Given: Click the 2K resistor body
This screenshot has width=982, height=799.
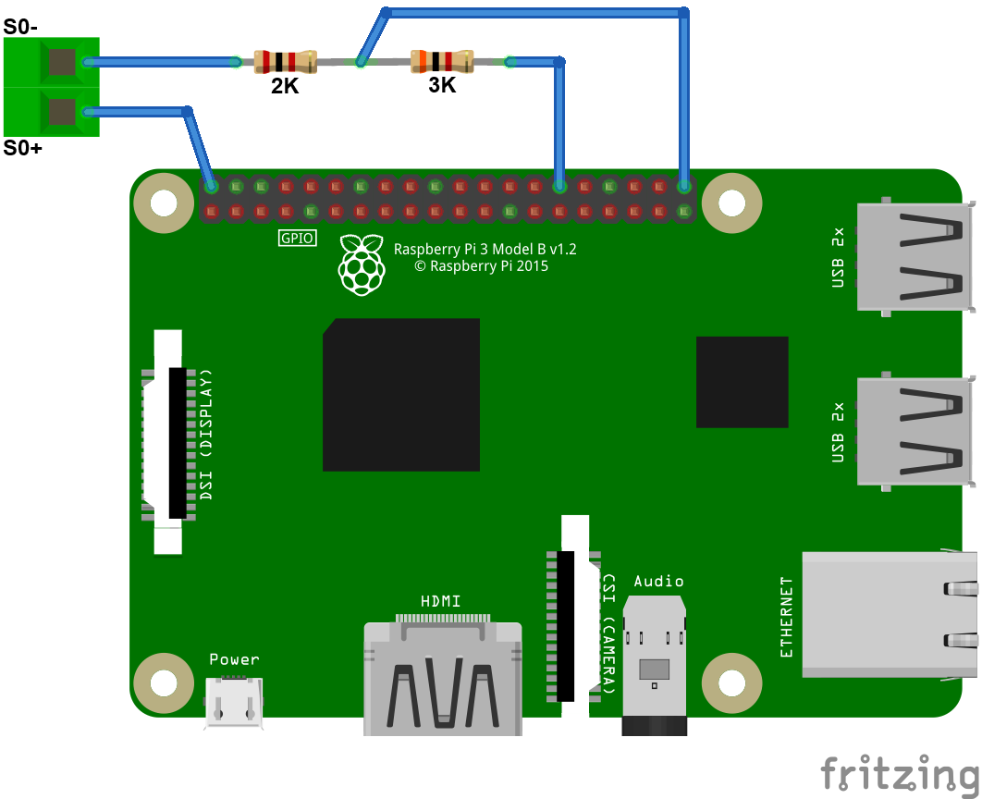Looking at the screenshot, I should point(278,62).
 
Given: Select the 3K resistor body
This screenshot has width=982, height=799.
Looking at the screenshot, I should point(441,62).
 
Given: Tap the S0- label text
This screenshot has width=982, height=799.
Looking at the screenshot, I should point(20,27).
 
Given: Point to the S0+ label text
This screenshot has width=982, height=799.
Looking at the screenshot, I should point(22,148).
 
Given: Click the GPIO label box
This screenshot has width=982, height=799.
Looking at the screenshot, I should point(298,239).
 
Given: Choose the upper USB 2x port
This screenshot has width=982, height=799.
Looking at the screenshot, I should point(914,256).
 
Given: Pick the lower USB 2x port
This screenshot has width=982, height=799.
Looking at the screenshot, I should point(914,430).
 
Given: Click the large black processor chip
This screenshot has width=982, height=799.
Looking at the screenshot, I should point(401,395).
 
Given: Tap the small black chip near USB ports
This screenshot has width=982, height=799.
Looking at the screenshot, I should point(742,382).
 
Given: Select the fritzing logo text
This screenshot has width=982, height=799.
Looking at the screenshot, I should point(900,773).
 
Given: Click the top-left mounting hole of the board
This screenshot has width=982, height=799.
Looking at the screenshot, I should point(164,203).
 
